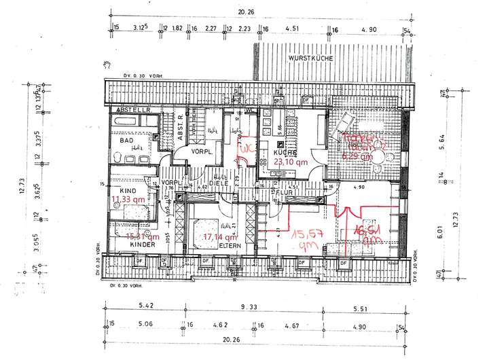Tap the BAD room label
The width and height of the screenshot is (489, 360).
(127, 141)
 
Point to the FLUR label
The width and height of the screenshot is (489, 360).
(283, 192)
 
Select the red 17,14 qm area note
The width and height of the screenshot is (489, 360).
(219, 236)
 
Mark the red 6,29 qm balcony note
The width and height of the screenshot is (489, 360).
(358, 156)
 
